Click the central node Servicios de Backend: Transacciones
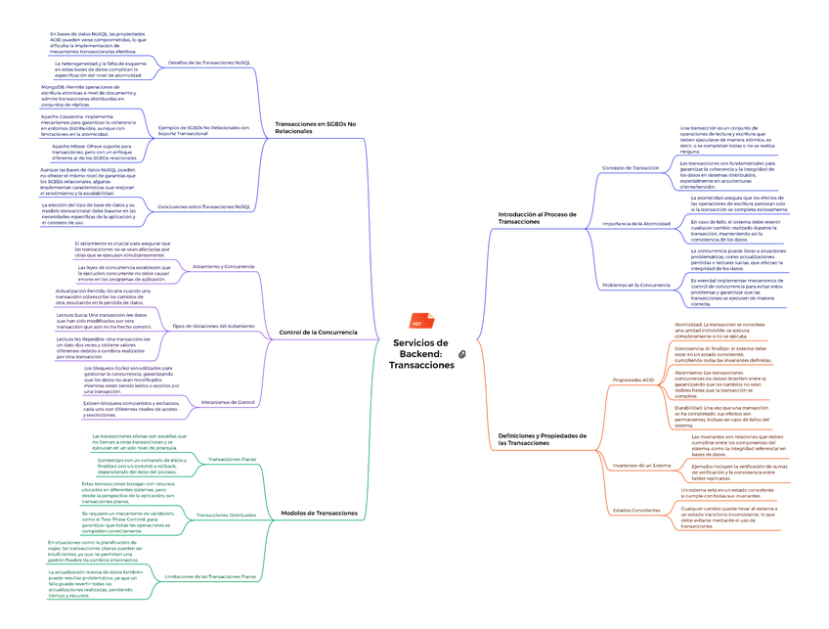[x=421, y=353]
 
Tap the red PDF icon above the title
[x=416, y=322]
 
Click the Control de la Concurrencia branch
[x=318, y=333]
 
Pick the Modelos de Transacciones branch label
[x=319, y=513]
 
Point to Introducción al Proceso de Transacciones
[x=538, y=218]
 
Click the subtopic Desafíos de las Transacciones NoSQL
[x=209, y=62]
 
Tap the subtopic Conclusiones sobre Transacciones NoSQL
[x=204, y=206]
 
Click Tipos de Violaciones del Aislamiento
[x=213, y=326]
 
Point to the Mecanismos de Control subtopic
[x=227, y=402]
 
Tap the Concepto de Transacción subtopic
[x=631, y=167]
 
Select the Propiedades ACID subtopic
[x=633, y=379]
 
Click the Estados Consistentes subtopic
[x=636, y=511]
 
